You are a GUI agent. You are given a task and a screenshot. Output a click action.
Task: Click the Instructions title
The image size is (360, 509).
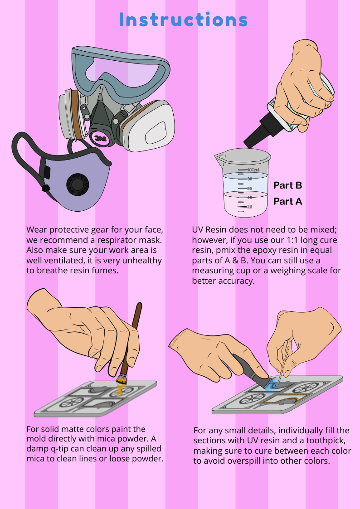point(184,20)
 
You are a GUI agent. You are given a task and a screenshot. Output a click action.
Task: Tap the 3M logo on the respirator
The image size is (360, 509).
point(99,138)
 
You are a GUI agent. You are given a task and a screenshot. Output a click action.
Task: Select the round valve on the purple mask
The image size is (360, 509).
point(78,184)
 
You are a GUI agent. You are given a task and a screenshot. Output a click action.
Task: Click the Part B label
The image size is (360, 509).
point(288,185)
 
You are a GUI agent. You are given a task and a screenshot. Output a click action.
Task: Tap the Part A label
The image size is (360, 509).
point(288,201)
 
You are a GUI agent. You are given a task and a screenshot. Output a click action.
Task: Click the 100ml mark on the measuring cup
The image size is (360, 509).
point(253,170)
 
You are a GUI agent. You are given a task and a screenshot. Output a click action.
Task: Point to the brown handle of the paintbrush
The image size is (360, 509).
point(133,338)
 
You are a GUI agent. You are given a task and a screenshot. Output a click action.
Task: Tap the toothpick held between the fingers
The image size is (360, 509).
point(283,360)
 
